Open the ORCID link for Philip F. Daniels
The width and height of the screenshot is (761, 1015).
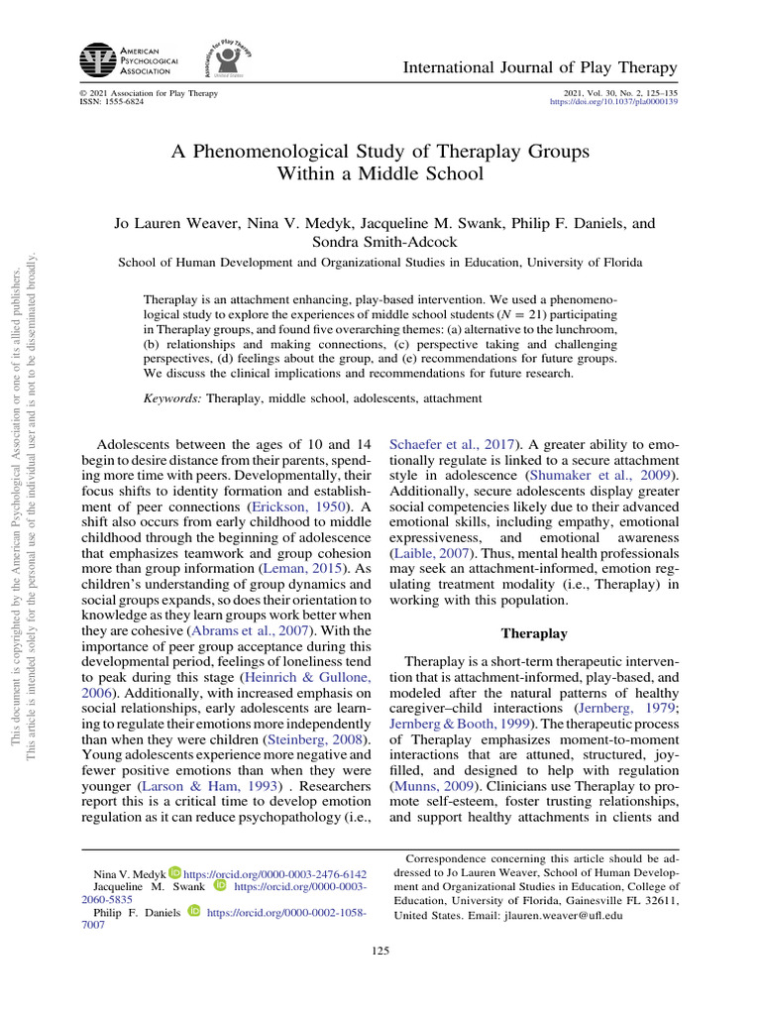point(285,910)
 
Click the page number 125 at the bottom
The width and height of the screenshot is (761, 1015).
point(380,952)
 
